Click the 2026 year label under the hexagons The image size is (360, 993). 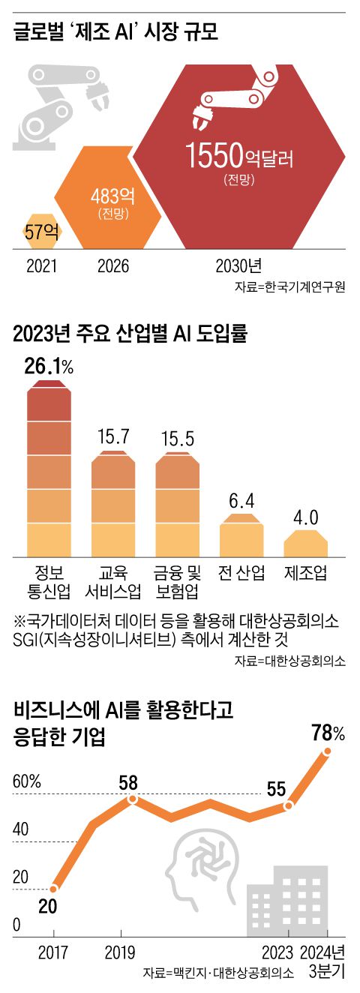112,266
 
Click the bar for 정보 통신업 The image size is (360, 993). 52,469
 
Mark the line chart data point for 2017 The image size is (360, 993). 53,889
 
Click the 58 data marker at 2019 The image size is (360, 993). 133,799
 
